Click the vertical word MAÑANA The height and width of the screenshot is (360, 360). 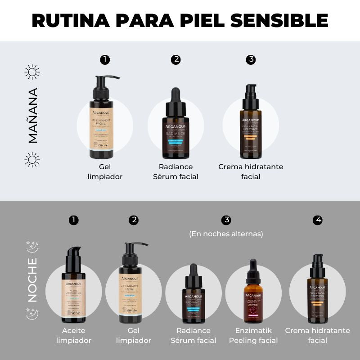point(32,116)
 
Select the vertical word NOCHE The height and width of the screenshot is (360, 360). point(32,279)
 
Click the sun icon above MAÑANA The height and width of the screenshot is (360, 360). point(32,72)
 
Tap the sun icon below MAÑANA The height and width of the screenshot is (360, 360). point(32,159)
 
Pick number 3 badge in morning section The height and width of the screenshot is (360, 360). point(251,59)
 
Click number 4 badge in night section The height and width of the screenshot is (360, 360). point(319,220)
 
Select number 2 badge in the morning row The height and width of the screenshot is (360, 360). point(176,59)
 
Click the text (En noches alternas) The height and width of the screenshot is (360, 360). point(226,234)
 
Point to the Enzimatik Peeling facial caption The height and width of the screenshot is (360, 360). point(253,336)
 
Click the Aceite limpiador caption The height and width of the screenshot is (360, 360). point(73,336)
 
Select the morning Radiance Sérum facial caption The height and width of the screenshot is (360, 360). point(176,171)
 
